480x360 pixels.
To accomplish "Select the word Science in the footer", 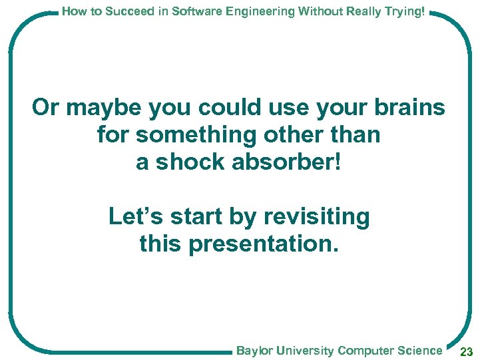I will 421,351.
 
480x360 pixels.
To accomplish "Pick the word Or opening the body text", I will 45,108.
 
